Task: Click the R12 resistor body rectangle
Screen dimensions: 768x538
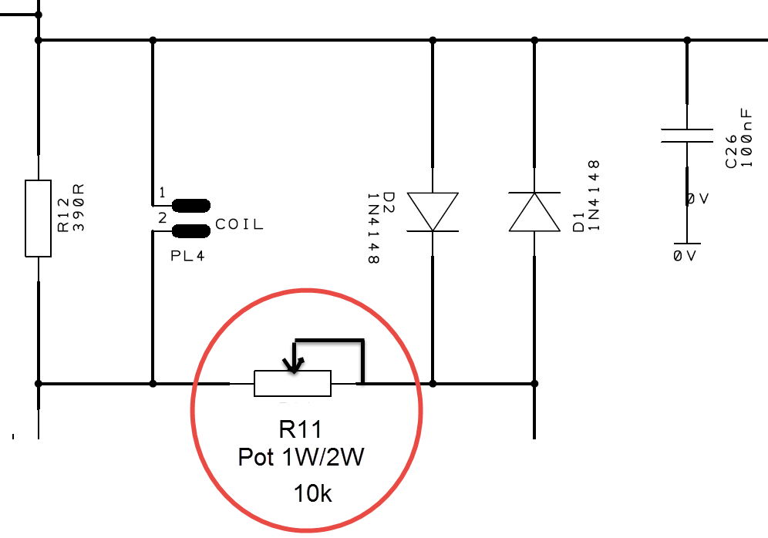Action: pos(39,218)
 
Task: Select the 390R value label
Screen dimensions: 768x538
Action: pos(79,207)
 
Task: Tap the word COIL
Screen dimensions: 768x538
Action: pos(240,224)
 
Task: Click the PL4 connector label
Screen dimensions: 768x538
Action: pos(187,256)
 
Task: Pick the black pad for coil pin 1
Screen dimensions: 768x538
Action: pos(191,206)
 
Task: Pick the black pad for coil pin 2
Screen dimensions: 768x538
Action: pos(191,231)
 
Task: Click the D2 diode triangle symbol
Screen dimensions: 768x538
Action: pos(433,211)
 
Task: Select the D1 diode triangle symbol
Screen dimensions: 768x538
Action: pos(534,211)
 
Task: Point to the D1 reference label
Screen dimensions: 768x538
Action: pos(578,221)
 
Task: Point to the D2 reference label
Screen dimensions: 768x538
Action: pos(388,202)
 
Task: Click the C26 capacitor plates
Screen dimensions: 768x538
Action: pos(687,136)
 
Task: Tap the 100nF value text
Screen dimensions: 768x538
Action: pos(746,138)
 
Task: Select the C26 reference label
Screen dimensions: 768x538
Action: pos(731,152)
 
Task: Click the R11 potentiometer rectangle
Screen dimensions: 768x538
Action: pos(292,383)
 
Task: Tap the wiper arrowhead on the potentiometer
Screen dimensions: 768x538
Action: pos(293,365)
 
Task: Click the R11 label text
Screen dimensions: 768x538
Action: pos(300,429)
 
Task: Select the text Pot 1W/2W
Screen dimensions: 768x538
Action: pos(301,457)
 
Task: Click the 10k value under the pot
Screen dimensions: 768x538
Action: pos(312,493)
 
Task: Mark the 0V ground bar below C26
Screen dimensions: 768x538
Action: pos(687,244)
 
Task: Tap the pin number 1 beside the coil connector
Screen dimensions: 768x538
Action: pos(162,193)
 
